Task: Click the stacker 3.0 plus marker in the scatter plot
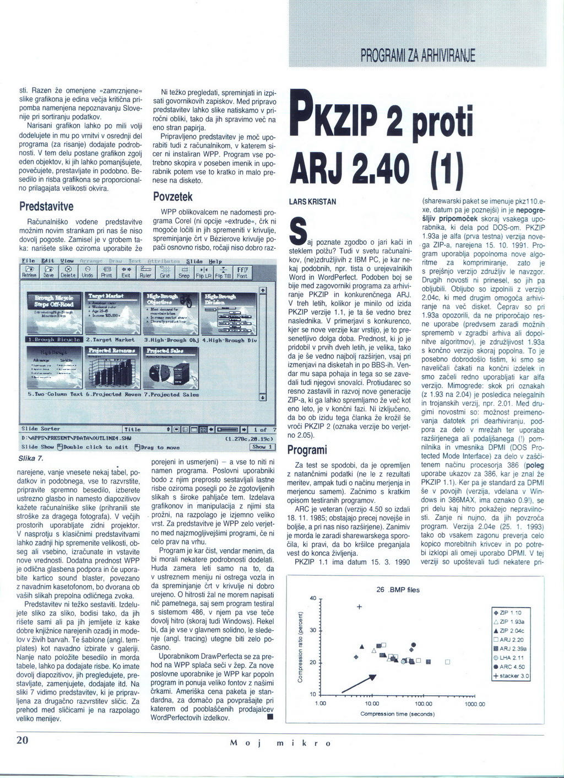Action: pos(359,607)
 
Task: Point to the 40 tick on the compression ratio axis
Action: pos(312,598)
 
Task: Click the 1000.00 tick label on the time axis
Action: pos(475,704)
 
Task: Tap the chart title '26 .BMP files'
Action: pos(398,589)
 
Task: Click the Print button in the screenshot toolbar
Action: pos(106,272)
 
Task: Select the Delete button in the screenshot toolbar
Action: pos(68,272)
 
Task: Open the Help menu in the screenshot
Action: pos(214,261)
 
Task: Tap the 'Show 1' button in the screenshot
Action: pos(263,447)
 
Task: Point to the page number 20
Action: pos(22,741)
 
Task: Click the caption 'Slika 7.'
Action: pos(31,458)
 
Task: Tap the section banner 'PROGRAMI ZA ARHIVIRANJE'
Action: pos(417,56)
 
